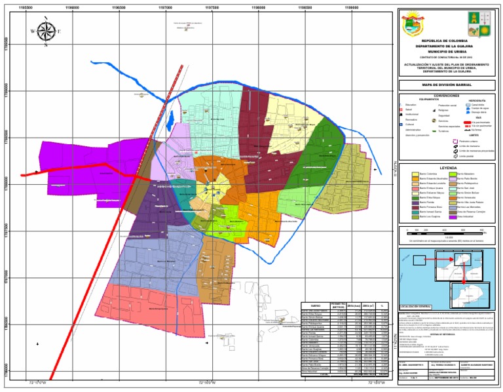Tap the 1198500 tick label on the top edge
tap(305, 7)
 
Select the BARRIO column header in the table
tap(316, 305)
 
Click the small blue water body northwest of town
tap(170, 120)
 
